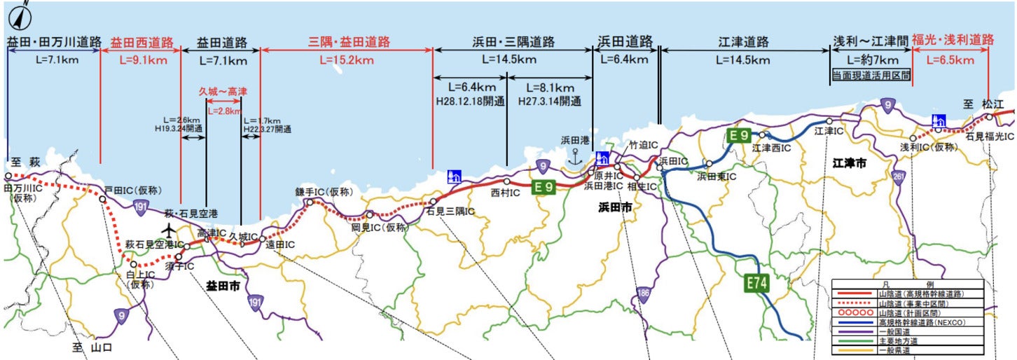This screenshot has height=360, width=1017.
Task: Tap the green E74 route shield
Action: click(756, 284)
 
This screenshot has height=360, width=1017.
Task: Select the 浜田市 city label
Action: click(615, 207)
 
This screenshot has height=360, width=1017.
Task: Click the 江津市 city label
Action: click(850, 162)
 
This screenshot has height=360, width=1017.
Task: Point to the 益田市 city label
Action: click(223, 286)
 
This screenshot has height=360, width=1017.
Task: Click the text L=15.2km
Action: click(347, 60)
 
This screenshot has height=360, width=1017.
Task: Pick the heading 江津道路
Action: click(744, 42)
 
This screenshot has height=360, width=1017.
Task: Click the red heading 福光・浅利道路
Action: click(953, 41)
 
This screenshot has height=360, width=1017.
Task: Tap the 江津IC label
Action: click(828, 131)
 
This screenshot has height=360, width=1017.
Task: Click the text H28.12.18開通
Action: click(470, 101)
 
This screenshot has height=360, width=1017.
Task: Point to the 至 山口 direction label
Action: click(92, 347)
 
